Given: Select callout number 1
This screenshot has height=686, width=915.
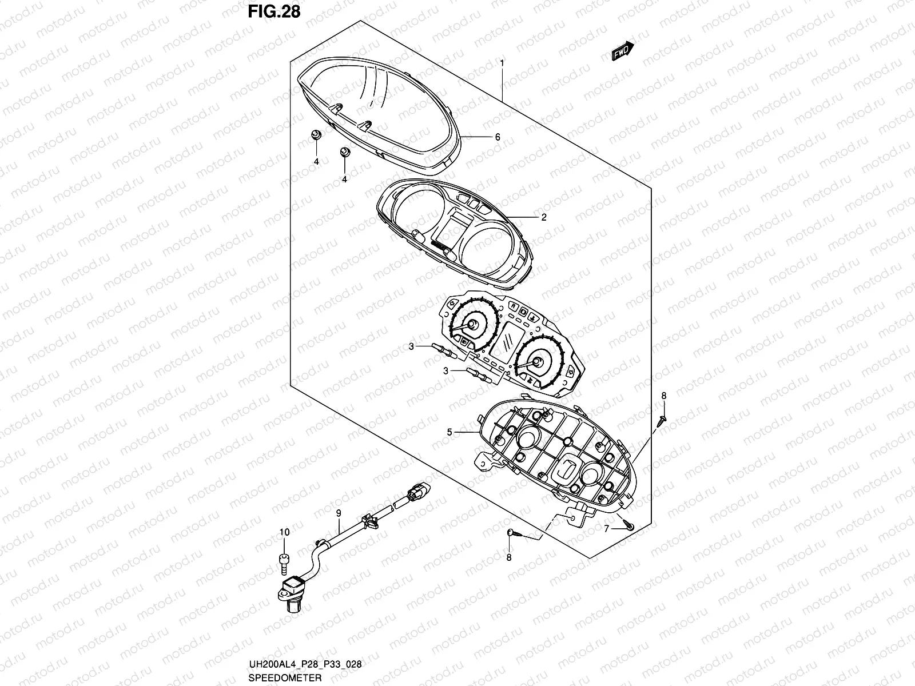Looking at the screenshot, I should [502, 62].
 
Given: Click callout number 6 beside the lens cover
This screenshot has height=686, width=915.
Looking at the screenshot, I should [498, 137].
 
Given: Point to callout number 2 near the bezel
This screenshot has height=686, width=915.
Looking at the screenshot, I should [544, 217].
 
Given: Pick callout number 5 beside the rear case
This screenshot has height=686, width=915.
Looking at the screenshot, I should [449, 432].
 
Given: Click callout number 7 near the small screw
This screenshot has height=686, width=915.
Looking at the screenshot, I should [607, 529].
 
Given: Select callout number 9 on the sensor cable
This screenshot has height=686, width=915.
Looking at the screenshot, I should [338, 513].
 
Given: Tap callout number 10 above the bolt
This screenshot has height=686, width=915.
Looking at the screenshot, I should [284, 532].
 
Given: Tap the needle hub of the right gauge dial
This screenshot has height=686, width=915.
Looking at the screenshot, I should [538, 361].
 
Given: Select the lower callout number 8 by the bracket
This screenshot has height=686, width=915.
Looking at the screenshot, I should [509, 557].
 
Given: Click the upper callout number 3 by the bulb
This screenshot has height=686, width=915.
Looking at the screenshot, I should [411, 346].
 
